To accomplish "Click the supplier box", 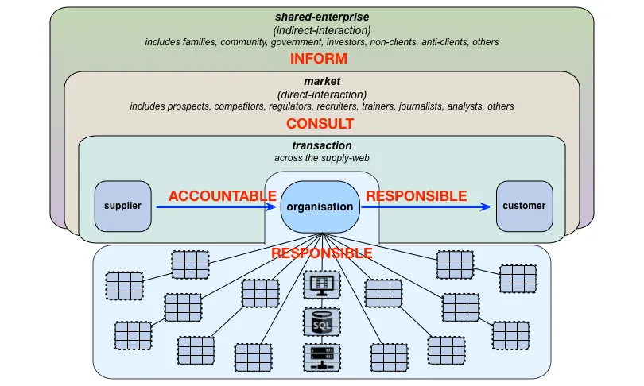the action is click(x=122, y=206).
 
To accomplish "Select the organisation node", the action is click(x=320, y=207).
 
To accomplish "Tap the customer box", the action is click(x=525, y=206).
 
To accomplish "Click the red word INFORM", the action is click(x=319, y=59).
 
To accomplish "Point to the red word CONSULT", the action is click(x=320, y=123).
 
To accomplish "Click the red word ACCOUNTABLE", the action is click(x=222, y=196).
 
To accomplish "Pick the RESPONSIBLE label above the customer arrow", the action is click(x=417, y=196).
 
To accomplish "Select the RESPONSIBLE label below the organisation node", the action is click(x=321, y=253).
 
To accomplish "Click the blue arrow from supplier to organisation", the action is click(x=217, y=207).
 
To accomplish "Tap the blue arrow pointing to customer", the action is click(x=426, y=207).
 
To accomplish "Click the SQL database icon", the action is click(x=322, y=322).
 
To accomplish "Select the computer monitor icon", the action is click(x=322, y=285).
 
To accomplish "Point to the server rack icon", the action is click(x=322, y=357).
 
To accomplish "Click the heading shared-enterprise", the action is click(x=322, y=17).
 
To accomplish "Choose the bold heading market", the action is click(x=322, y=81).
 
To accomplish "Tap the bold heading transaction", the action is click(x=322, y=145).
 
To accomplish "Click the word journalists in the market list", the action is click(x=421, y=106).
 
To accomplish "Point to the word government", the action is click(x=296, y=42).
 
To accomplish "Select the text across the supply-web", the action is click(x=322, y=158).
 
